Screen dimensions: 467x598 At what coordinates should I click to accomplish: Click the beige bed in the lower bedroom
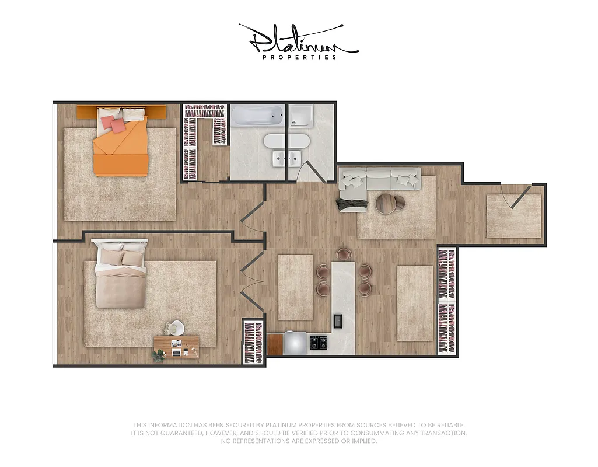tap(121, 278)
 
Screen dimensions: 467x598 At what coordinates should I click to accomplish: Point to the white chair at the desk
tap(176, 329)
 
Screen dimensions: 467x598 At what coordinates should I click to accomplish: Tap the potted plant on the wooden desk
tap(159, 354)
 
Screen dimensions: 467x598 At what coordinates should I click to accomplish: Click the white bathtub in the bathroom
tap(257, 116)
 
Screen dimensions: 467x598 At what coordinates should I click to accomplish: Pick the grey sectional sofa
tap(379, 179)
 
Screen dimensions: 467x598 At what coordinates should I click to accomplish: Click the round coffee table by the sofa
tap(389, 203)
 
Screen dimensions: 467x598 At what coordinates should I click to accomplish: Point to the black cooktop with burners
tap(319, 343)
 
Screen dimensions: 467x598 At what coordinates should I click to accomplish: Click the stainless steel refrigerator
tap(295, 343)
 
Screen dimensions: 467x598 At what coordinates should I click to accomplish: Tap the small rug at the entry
tap(513, 216)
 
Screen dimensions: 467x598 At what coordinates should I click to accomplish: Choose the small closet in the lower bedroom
tap(253, 343)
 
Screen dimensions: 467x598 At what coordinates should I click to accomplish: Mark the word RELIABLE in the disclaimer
tap(449, 426)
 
